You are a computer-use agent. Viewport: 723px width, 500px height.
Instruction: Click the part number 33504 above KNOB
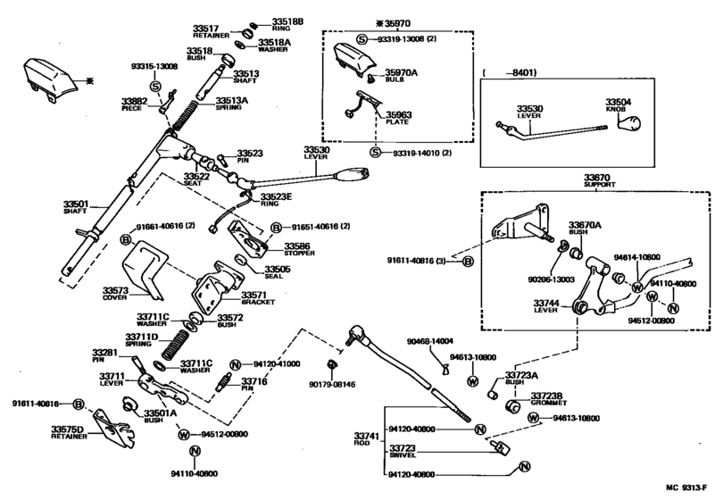click(x=618, y=103)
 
